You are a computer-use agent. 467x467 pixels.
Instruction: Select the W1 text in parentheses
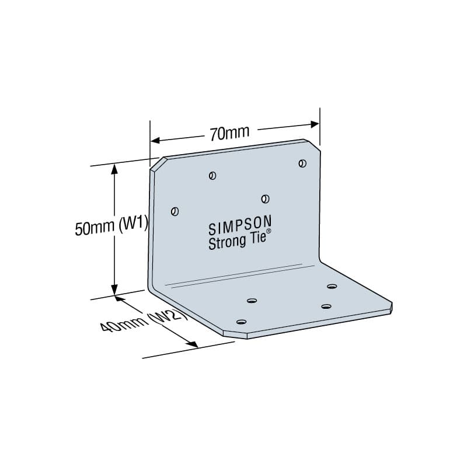tap(133, 225)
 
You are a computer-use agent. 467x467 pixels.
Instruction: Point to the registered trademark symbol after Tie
tap(269, 232)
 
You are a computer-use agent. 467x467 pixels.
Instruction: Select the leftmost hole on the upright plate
tap(174, 211)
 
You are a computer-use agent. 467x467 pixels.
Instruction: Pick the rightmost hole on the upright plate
tap(302, 163)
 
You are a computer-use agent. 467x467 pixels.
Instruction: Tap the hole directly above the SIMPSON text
tap(265, 199)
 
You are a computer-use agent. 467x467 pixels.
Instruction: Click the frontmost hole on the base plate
tap(241, 322)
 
